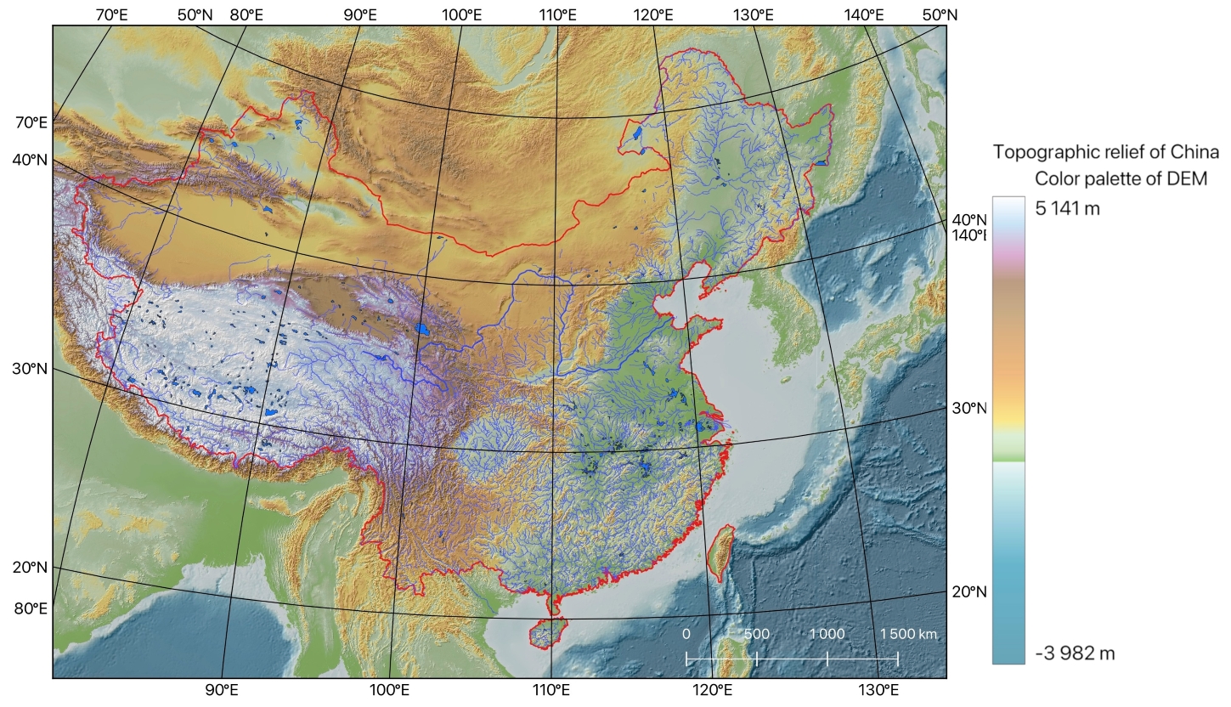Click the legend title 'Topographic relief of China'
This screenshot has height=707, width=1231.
(1105, 153)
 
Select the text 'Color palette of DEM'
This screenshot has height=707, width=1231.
(1121, 178)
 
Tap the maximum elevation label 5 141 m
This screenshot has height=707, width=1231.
(1068, 208)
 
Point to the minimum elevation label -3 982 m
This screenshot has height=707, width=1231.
(1075, 653)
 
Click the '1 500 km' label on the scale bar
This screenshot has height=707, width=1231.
(908, 635)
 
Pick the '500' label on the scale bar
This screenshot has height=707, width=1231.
(756, 635)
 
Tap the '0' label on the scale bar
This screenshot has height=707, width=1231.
(686, 635)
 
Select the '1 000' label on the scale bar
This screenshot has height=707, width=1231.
(827, 635)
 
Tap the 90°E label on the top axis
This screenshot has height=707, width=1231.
(360, 14)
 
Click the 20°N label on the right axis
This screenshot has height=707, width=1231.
(968, 592)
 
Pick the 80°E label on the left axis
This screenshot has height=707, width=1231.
(30, 608)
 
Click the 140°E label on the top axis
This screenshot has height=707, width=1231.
(863, 14)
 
